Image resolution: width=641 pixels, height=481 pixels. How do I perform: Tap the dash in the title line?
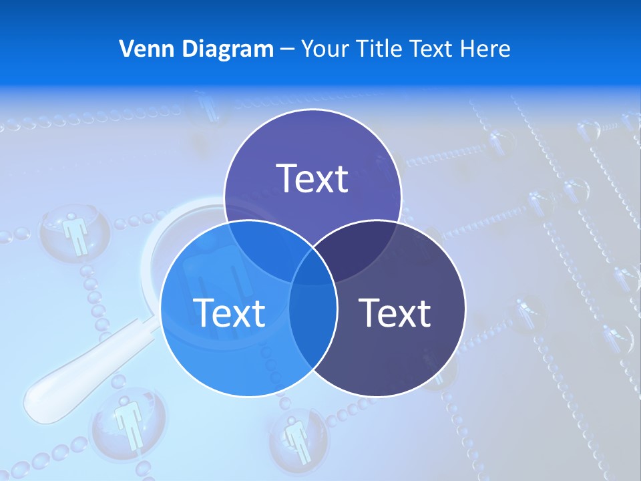tap(287, 49)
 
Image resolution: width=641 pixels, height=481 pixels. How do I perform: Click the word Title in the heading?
tap(383, 49)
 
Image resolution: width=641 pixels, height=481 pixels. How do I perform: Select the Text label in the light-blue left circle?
tap(229, 312)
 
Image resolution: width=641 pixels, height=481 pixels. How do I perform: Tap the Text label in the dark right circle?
tap(395, 312)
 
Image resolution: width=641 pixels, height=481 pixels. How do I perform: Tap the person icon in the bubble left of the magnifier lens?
tap(75, 234)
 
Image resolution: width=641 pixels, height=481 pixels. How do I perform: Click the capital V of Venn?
tap(126, 49)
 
